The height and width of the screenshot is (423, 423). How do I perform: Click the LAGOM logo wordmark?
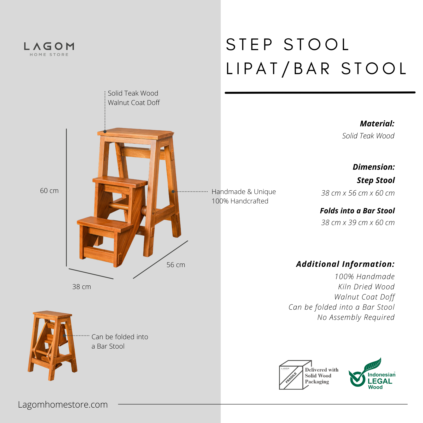pyautogui.click(x=49, y=46)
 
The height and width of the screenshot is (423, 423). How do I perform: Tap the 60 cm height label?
pyautogui.click(x=49, y=191)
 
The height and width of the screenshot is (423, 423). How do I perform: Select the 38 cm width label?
pyautogui.click(x=81, y=287)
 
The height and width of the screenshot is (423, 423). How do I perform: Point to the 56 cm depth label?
pyautogui.click(x=176, y=265)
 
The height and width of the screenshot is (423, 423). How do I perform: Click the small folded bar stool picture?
pyautogui.click(x=52, y=345)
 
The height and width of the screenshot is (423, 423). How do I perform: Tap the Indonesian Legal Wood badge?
pyautogui.click(x=372, y=374)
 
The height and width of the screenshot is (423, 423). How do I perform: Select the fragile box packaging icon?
pyautogui.click(x=295, y=375)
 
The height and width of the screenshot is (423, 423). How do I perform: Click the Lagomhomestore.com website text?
pyautogui.click(x=63, y=404)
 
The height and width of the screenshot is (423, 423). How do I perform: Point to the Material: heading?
pyautogui.click(x=377, y=124)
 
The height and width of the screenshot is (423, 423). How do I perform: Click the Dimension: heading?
pyautogui.click(x=374, y=167)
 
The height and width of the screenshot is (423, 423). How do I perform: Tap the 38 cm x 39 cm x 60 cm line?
pyautogui.click(x=358, y=222)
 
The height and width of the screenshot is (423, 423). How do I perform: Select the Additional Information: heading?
pyautogui.click(x=345, y=264)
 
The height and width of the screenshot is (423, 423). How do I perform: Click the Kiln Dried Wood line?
pyautogui.click(x=366, y=287)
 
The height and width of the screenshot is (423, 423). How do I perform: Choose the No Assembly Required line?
pyautogui.click(x=356, y=317)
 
